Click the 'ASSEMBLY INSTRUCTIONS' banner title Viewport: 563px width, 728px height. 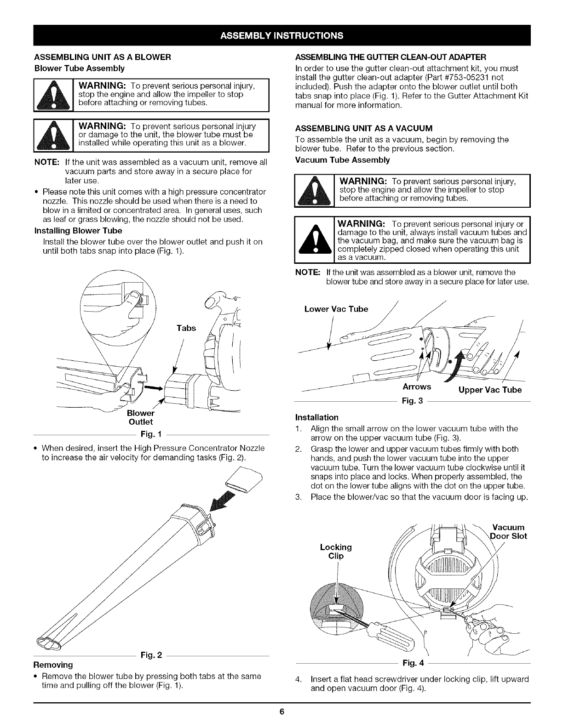281,35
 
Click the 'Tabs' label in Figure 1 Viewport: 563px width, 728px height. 186,328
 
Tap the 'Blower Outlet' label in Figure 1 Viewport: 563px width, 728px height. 141,417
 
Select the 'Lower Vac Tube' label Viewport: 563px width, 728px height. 336,309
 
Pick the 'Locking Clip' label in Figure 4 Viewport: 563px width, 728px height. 336,551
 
